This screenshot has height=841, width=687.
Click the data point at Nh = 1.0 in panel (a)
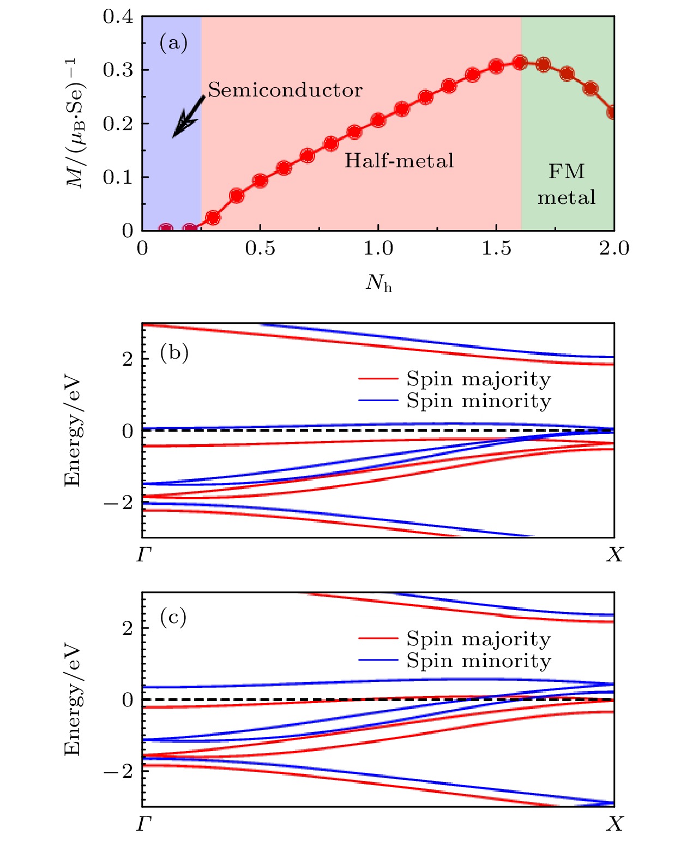click(378, 120)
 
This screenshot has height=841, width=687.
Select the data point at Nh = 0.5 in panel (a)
click(260, 181)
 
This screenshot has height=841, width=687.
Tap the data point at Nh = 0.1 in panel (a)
click(166, 229)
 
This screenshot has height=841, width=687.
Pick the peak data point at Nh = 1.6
click(520, 63)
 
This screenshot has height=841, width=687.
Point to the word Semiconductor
click(285, 90)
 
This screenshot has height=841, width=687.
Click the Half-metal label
click(399, 160)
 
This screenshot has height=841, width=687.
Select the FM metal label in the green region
click(567, 184)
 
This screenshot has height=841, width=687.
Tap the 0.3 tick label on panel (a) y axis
click(118, 70)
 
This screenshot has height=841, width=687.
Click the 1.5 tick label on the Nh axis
click(496, 249)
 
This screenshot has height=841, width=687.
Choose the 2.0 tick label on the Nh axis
click(614, 249)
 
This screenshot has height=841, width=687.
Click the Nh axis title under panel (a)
click(378, 282)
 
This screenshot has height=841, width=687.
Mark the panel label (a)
click(173, 43)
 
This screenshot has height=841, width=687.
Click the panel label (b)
click(174, 353)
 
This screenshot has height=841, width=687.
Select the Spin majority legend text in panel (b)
click(478, 379)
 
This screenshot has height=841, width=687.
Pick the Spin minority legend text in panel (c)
click(478, 661)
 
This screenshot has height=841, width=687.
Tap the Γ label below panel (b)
click(143, 555)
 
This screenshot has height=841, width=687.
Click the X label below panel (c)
click(614, 824)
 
